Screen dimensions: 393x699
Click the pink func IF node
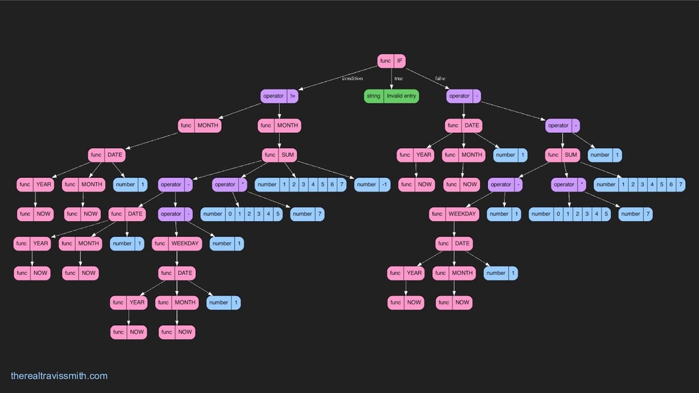click(x=392, y=61)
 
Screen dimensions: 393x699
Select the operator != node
click(x=279, y=96)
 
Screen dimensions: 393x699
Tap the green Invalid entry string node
click(x=392, y=96)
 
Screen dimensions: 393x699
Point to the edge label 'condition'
click(x=352, y=78)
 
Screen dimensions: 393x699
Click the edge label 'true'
click(x=399, y=78)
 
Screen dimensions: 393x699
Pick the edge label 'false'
click(x=440, y=78)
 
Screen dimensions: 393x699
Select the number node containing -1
click(x=372, y=184)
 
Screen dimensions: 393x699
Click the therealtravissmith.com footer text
click(x=59, y=376)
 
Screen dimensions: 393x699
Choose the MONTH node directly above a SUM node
click(x=279, y=126)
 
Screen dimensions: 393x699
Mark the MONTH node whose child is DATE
click(x=199, y=126)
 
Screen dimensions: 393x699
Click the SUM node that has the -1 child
click(x=279, y=155)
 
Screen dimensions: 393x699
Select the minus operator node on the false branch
click(x=463, y=96)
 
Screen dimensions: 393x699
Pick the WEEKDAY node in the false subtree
click(x=454, y=214)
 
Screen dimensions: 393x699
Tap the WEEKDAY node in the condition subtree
click(x=177, y=244)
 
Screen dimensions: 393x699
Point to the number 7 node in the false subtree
click(x=636, y=214)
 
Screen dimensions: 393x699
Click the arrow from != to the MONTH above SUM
click(x=279, y=111)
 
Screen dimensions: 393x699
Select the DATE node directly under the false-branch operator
click(x=463, y=126)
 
